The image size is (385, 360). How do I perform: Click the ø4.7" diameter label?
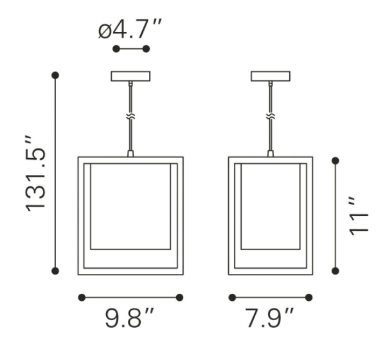pyautogui.click(x=130, y=29)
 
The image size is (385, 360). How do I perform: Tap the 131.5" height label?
pyautogui.click(x=35, y=173)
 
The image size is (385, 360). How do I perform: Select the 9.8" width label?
pyautogui.click(x=129, y=318)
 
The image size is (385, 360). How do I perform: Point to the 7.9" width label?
pyautogui.click(x=269, y=318)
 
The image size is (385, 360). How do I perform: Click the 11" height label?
pyautogui.click(x=359, y=216)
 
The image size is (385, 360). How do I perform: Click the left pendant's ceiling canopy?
pyautogui.click(x=130, y=76)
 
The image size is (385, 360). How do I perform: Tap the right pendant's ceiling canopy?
pyautogui.click(x=271, y=76)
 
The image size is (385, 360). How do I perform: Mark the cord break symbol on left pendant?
pyautogui.click(x=130, y=116)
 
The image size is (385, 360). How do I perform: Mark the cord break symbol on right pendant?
pyautogui.click(x=271, y=116)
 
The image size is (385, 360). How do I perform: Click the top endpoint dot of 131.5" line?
pyautogui.click(x=55, y=75)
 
